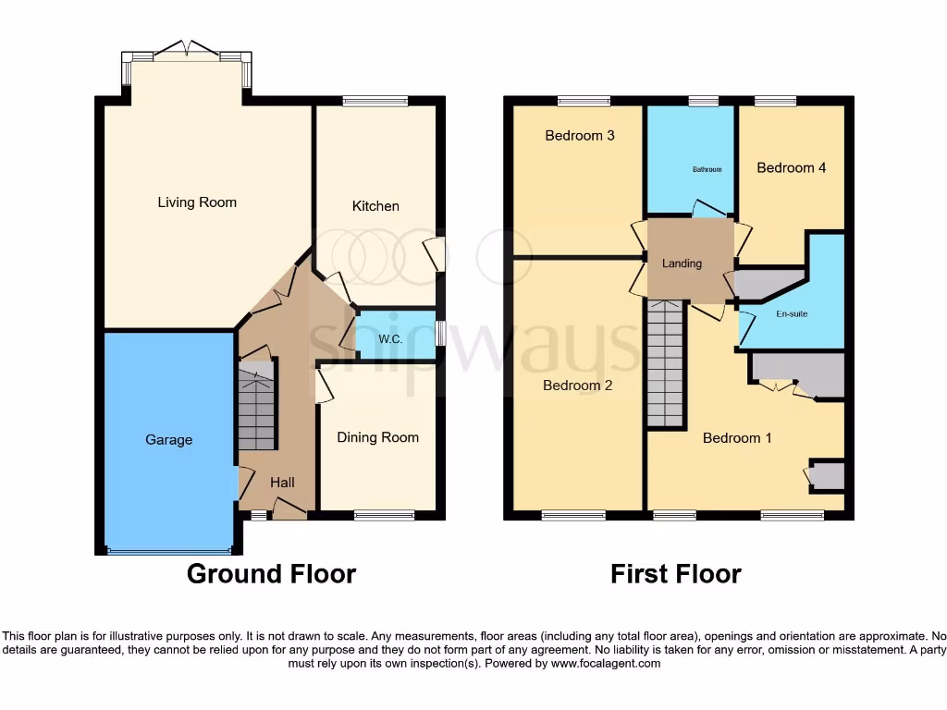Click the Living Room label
197,202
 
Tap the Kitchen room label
375,206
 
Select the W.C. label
389,338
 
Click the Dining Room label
377,437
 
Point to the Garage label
168,440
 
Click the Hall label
282,483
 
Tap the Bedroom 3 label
580,136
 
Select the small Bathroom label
707,170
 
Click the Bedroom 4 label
791,168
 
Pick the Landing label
682,263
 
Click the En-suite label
791,314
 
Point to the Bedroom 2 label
578,386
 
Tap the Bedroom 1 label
737,438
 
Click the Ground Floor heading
271,574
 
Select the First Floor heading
675,574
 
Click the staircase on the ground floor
257,407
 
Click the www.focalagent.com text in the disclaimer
606,664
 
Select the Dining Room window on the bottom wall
377,516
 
